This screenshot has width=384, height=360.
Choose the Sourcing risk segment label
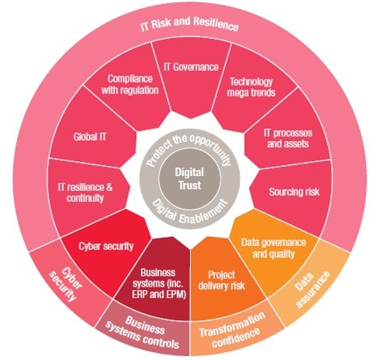(x=291, y=191)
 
